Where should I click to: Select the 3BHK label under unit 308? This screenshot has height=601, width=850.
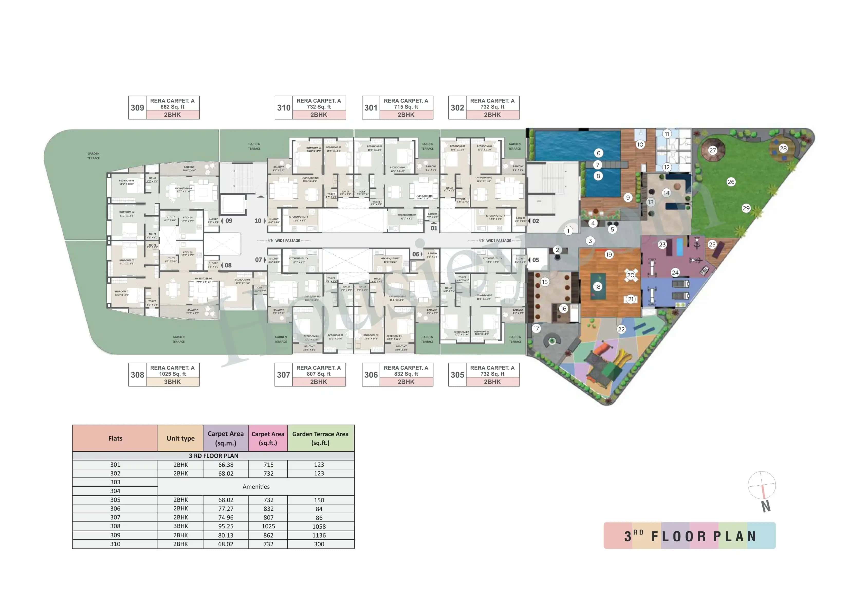(172, 382)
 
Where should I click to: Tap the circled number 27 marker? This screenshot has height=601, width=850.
(712, 150)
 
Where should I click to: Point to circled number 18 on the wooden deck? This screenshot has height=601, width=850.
(597, 286)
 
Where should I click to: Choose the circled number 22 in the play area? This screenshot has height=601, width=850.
(621, 329)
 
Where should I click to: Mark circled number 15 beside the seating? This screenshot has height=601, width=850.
(544, 282)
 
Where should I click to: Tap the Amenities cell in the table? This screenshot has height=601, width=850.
(256, 487)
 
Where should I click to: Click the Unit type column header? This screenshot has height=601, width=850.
(180, 438)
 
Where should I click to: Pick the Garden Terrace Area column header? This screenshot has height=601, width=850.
(320, 438)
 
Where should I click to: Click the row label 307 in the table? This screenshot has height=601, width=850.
(115, 517)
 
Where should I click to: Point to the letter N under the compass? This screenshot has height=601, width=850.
(766, 506)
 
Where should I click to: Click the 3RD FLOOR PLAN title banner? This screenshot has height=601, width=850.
(689, 536)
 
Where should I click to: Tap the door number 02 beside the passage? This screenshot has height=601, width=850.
(535, 221)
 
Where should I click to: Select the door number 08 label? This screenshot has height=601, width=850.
(228, 265)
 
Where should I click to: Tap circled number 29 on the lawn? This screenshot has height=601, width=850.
(746, 208)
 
